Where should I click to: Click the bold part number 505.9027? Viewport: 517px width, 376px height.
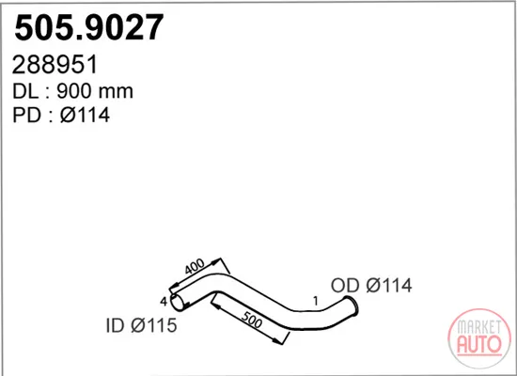click(88, 27)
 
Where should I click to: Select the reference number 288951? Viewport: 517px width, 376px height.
click(55, 65)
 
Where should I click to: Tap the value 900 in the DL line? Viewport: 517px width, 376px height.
click(74, 91)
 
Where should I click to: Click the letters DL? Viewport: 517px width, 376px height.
click(25, 91)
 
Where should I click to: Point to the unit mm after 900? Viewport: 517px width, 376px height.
click(117, 92)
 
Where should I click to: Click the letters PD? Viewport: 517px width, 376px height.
click(26, 115)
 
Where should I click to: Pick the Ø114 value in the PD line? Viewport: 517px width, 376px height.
click(85, 115)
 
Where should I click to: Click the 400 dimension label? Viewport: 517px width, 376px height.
click(195, 267)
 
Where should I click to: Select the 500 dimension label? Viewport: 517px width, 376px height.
click(252, 320)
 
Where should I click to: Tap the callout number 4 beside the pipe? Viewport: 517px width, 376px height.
click(164, 301)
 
